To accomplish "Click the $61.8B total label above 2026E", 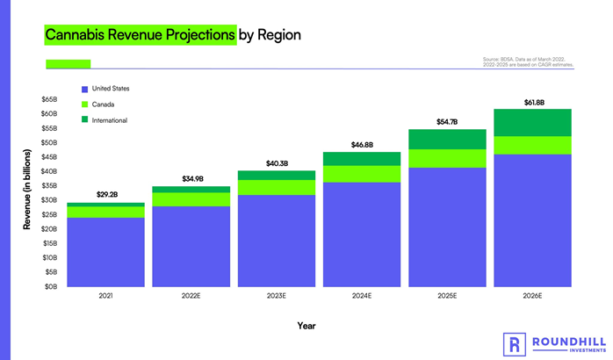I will tap(534, 103).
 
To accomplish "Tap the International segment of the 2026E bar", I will tap(534, 123).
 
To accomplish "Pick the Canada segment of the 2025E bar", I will tap(449, 158).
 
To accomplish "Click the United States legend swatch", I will tap(84, 90).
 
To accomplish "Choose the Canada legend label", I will tap(104, 104).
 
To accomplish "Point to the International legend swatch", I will tap(84, 119).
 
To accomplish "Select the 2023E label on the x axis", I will tap(278, 297).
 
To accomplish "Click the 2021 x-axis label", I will tap(105, 297).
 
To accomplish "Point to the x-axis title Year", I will tap(305, 326).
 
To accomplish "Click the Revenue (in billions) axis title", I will tap(27, 191).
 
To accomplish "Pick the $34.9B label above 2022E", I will tap(191, 179).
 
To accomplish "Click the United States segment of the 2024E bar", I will tap(363, 234).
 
